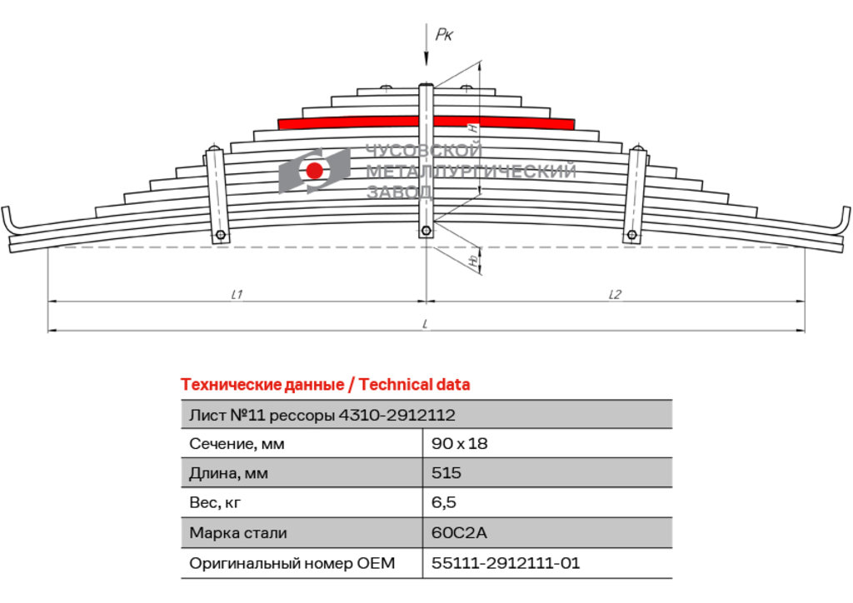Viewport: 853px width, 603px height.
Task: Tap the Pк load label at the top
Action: point(444,35)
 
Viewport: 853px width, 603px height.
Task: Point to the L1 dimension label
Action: point(237,294)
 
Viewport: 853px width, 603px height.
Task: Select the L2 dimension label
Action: point(614,294)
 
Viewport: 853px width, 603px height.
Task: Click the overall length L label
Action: point(426,324)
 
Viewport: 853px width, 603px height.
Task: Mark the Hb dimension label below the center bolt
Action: point(474,259)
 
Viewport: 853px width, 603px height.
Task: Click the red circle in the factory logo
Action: point(314,170)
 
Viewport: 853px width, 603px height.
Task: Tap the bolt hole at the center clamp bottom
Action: point(426,231)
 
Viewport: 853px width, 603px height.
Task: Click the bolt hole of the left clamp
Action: point(220,235)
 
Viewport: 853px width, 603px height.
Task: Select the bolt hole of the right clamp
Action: point(631,235)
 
